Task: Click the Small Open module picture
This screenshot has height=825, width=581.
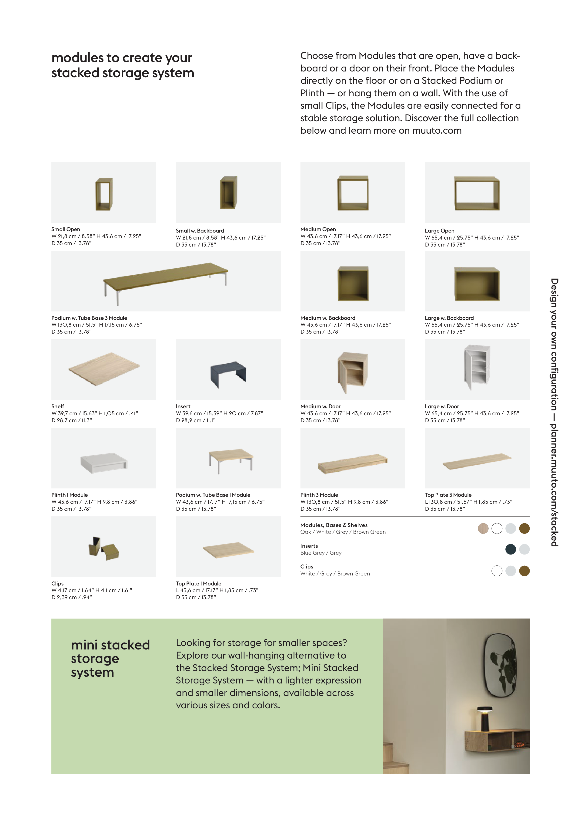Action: (104, 194)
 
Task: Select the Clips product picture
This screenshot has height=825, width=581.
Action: (104, 548)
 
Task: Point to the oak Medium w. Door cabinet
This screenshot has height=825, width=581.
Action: (352, 372)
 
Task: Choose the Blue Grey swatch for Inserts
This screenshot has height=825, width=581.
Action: (510, 549)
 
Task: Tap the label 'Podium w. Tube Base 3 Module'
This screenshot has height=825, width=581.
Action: (89, 318)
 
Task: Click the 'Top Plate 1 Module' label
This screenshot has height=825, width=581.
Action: (198, 584)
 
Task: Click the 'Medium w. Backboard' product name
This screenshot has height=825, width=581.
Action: (327, 318)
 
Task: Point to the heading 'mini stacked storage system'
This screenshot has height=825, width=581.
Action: (110, 658)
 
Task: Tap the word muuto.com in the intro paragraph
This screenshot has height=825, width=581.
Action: (437, 130)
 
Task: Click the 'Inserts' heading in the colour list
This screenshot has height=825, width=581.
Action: (309, 546)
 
